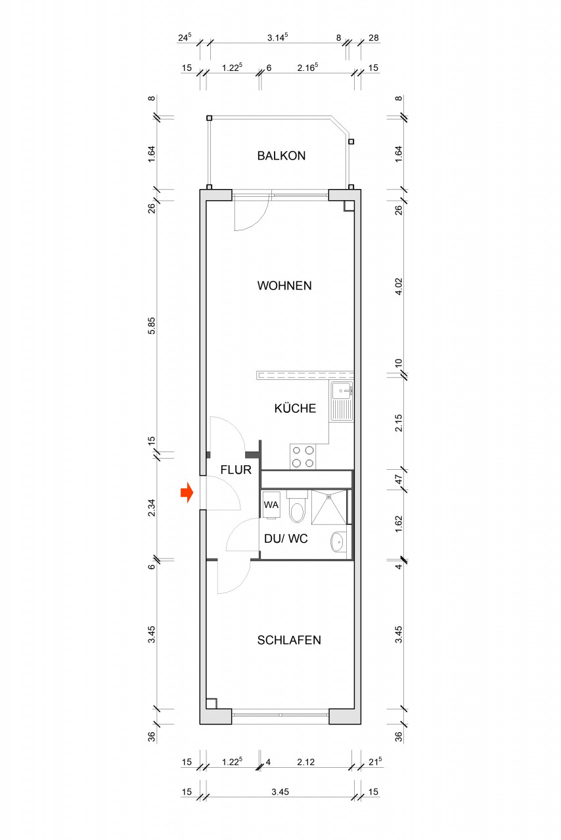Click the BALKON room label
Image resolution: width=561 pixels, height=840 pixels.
[x=281, y=156]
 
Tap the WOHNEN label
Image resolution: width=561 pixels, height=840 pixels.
[x=284, y=285]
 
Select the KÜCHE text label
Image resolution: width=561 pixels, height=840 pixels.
[x=295, y=408]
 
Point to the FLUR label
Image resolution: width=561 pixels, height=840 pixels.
[x=236, y=469]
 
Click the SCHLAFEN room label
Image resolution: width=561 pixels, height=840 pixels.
[x=289, y=640]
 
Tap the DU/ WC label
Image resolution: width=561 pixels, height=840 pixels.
[x=286, y=539]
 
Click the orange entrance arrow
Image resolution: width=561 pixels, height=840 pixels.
[x=187, y=492]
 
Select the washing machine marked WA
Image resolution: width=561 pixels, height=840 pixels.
[x=271, y=505]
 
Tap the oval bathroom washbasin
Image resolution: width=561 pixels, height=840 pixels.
[x=338, y=541]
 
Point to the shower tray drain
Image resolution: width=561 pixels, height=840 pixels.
[x=329, y=497]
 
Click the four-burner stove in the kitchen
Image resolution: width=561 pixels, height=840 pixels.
[x=303, y=456]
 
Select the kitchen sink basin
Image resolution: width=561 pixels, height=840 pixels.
[x=342, y=390]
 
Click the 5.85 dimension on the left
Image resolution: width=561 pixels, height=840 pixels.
[x=151, y=325]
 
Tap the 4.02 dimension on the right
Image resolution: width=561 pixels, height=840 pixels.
[x=399, y=286]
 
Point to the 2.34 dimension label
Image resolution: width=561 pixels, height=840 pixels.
[x=151, y=507]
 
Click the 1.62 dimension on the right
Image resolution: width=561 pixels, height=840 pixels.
[x=399, y=524]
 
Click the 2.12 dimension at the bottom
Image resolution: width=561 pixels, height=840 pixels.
[x=305, y=762]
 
